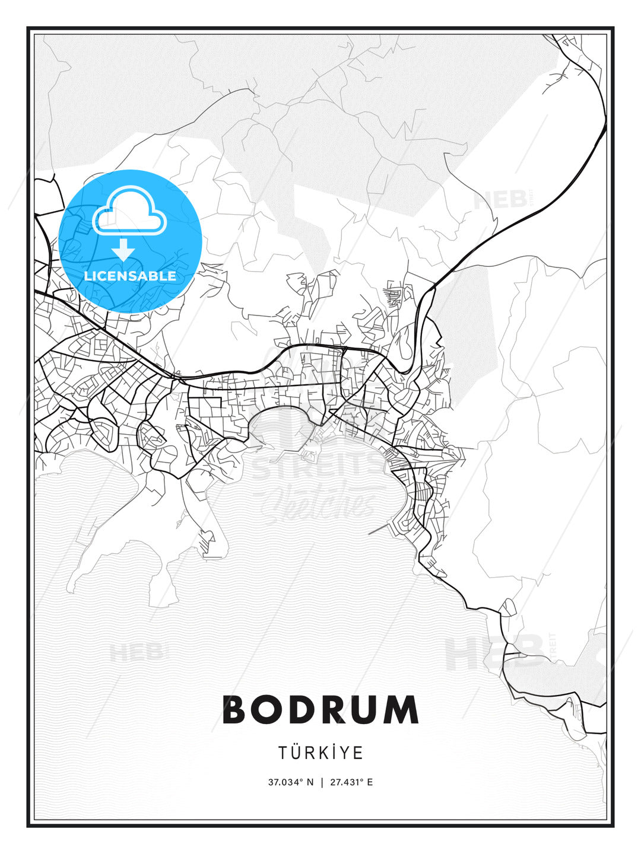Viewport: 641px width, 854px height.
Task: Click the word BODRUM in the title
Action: click(x=320, y=710)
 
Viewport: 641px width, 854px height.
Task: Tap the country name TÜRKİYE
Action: click(x=320, y=753)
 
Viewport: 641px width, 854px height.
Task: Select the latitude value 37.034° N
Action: click(x=290, y=782)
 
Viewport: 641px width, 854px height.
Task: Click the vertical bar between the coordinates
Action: click(x=320, y=782)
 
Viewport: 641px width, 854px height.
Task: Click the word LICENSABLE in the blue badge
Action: click(x=130, y=276)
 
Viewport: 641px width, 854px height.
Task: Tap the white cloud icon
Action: click(x=129, y=211)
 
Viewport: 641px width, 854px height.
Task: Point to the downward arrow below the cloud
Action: click(x=123, y=250)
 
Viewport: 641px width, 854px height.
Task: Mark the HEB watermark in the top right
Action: click(x=500, y=199)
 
